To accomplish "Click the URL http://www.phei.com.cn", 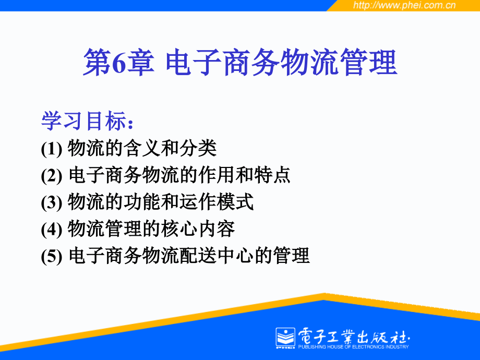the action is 404,5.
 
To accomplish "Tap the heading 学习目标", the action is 84,121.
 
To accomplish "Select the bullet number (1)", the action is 52,149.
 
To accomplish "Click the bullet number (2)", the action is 52,176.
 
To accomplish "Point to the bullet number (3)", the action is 52,202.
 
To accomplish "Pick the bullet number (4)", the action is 52,229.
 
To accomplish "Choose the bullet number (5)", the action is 52,256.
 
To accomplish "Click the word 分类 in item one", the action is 198,148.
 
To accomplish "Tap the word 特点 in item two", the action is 272,175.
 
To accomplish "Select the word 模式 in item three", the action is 235,202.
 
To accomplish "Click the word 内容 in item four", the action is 217,229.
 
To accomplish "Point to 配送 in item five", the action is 198,256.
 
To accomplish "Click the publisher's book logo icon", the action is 285,338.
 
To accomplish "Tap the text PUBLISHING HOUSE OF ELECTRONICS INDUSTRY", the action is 353,347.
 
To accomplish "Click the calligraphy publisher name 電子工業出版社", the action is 354,336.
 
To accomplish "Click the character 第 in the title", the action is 98,63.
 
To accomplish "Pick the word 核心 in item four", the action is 179,229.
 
